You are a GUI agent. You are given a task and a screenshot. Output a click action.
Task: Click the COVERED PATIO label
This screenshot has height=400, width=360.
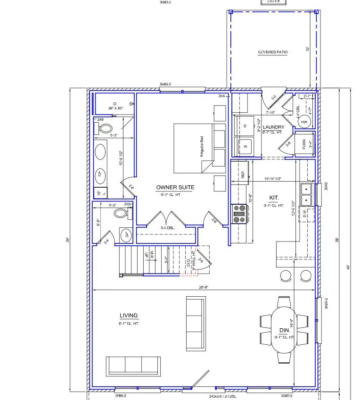273,52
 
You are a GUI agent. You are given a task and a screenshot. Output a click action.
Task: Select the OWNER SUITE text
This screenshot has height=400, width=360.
175,187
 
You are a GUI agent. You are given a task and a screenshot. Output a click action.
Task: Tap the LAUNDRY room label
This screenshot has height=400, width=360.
273,127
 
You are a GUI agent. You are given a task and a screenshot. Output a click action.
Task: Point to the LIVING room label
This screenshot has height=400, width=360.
129,316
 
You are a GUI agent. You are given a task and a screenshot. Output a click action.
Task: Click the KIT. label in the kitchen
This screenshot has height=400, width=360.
274,198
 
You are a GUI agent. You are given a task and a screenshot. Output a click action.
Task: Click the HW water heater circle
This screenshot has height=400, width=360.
303,122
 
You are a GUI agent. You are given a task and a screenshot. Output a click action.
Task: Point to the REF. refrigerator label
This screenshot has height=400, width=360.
243,175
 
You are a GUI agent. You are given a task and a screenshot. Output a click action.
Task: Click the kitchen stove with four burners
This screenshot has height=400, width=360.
239,213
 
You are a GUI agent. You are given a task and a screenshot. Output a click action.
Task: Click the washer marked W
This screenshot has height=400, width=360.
245,147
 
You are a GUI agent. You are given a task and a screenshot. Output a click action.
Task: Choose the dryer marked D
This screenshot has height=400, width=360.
245,126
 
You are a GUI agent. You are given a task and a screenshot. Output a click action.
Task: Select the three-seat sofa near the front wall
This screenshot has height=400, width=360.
133,366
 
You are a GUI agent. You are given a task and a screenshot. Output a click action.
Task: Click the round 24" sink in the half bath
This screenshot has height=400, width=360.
126,234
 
